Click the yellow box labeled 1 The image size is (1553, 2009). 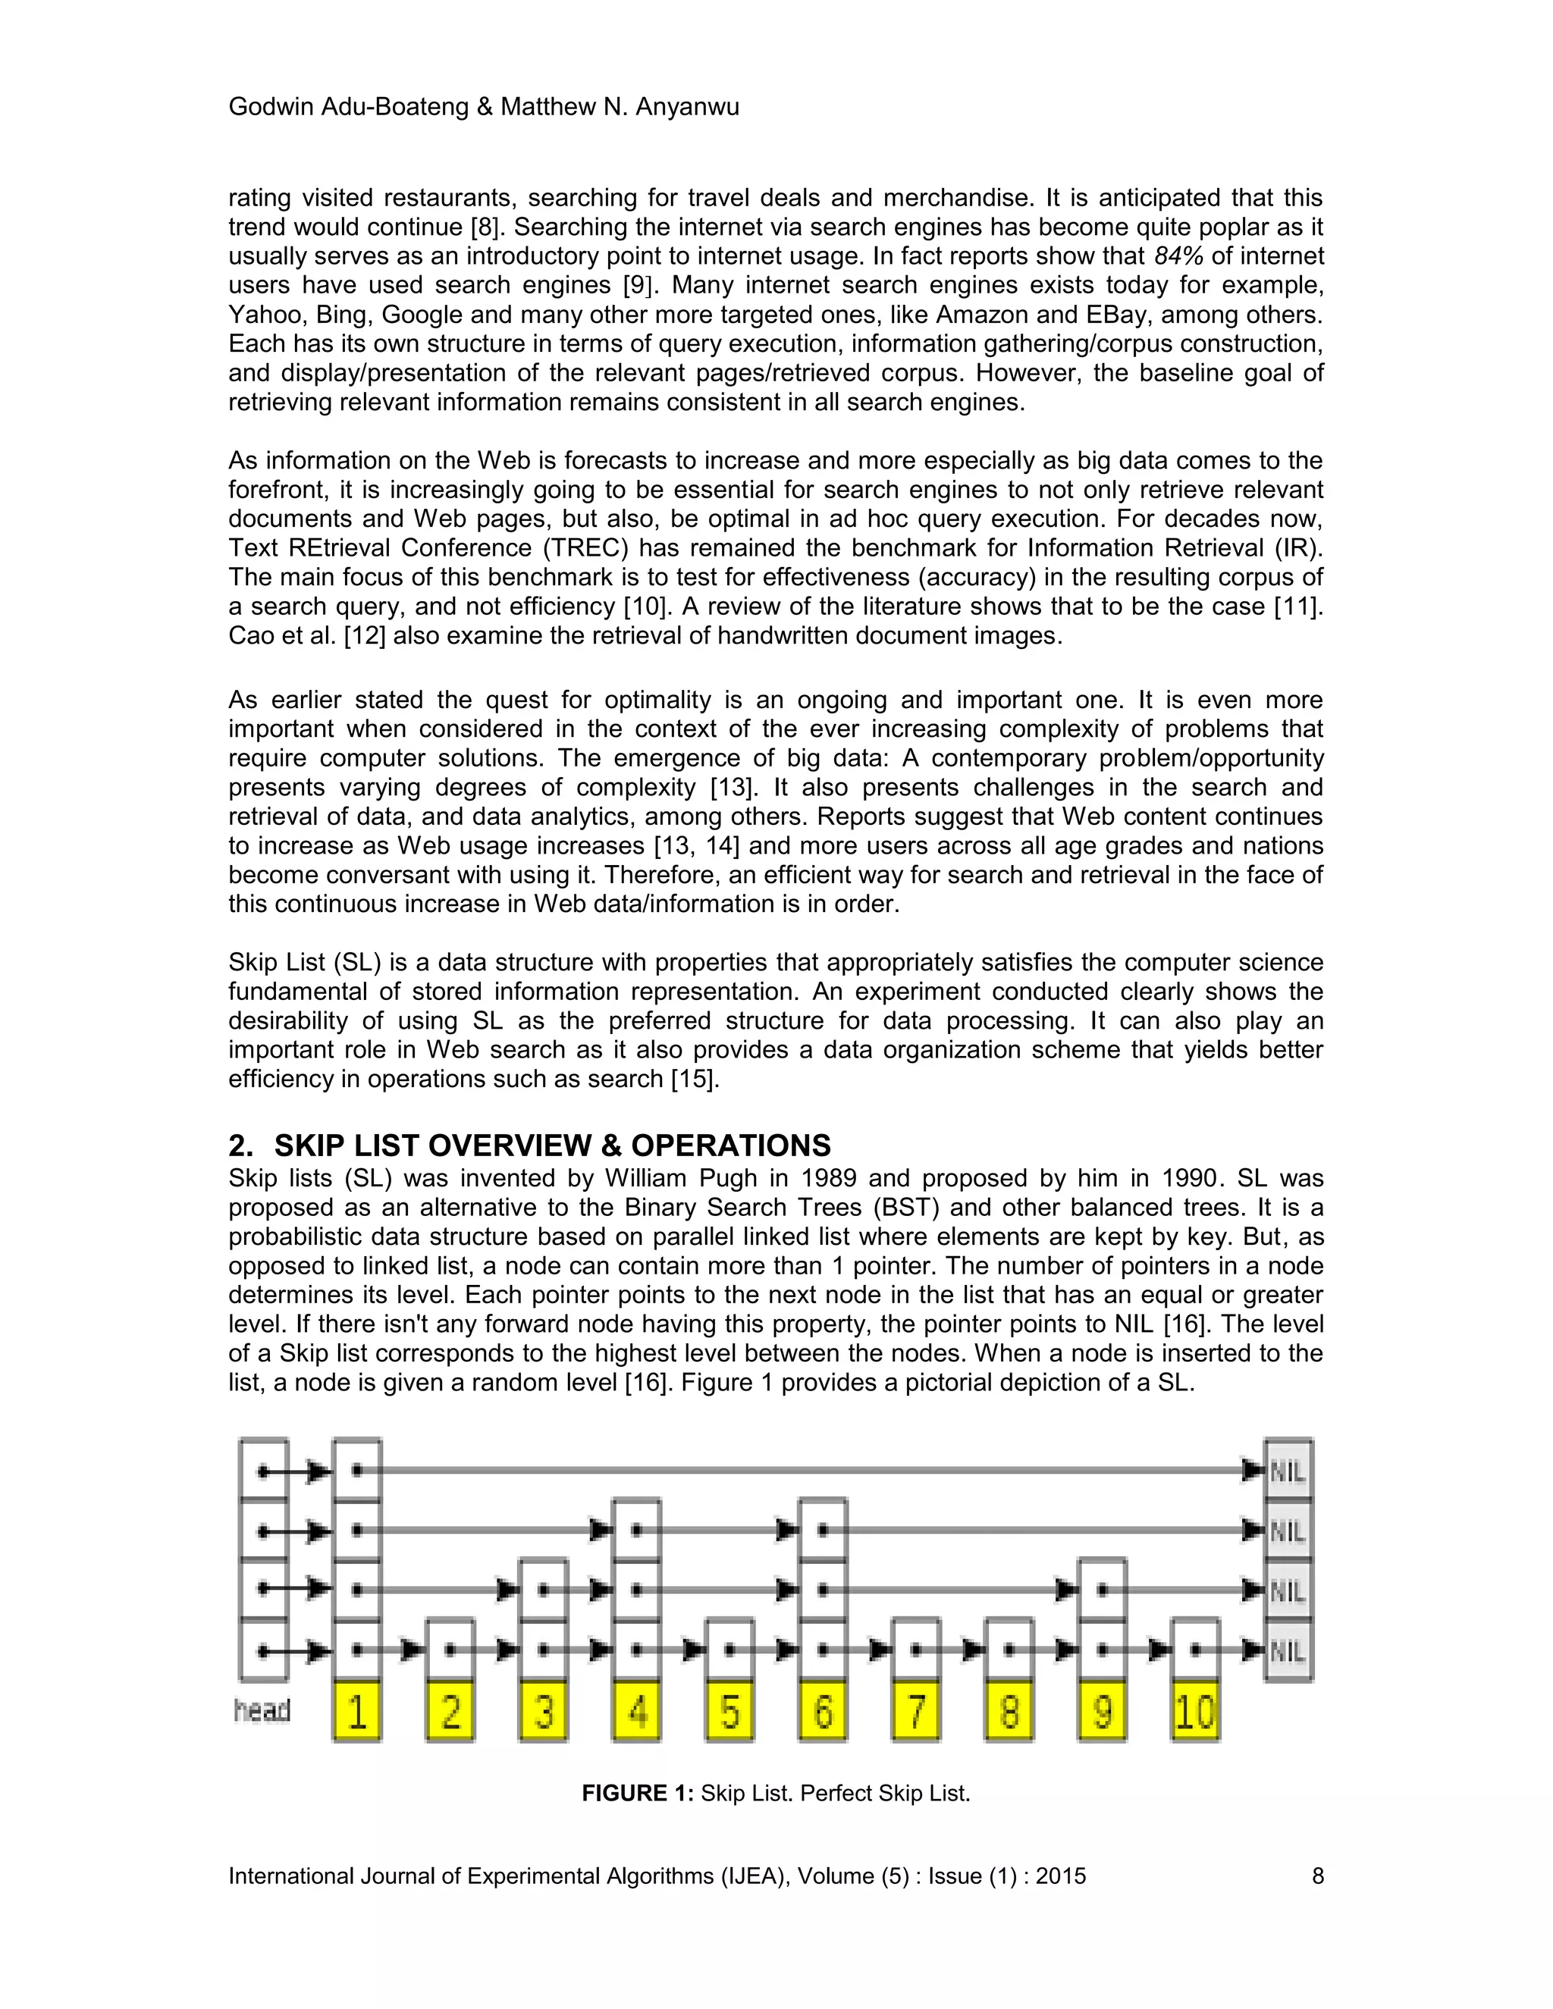click(357, 1712)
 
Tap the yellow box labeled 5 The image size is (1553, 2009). click(729, 1712)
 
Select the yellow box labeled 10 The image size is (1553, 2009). click(1195, 1712)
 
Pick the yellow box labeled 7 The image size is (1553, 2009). click(916, 1712)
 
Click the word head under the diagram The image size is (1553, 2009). click(262, 1710)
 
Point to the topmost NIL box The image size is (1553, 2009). click(1288, 1471)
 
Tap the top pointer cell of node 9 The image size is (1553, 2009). click(1102, 1590)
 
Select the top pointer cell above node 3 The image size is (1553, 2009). click(544, 1590)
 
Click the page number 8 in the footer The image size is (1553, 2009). click(1317, 1876)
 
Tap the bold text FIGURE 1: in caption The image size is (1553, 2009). click(637, 1793)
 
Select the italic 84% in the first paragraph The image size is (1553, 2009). click(1178, 255)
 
